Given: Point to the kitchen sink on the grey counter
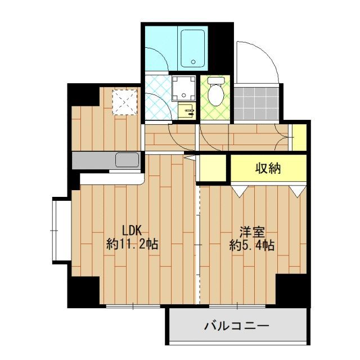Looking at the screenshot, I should pyautogui.click(x=127, y=160).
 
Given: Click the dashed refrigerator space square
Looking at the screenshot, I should pyautogui.click(x=121, y=102).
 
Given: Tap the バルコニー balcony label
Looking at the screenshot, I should pyautogui.click(x=236, y=326).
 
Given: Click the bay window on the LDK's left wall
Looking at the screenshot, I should pyautogui.click(x=60, y=231).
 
